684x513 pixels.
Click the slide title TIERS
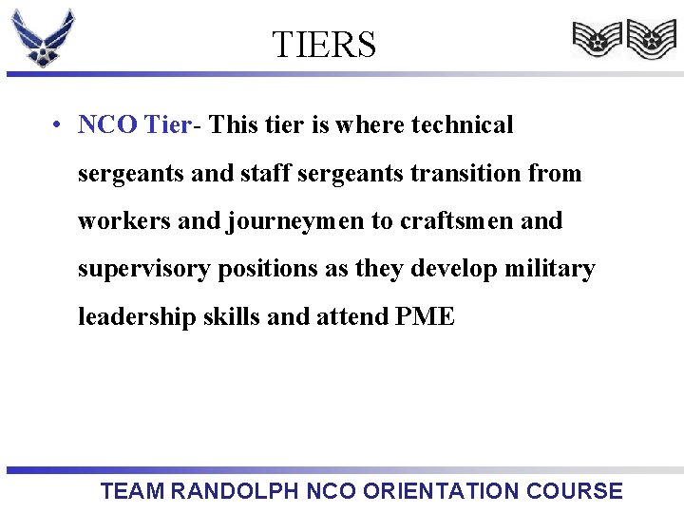tap(324, 45)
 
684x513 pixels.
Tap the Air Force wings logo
tap(43, 38)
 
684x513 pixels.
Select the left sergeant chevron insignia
tap(596, 40)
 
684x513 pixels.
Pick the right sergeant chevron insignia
tap(651, 40)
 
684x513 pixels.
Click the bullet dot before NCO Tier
tap(59, 125)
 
